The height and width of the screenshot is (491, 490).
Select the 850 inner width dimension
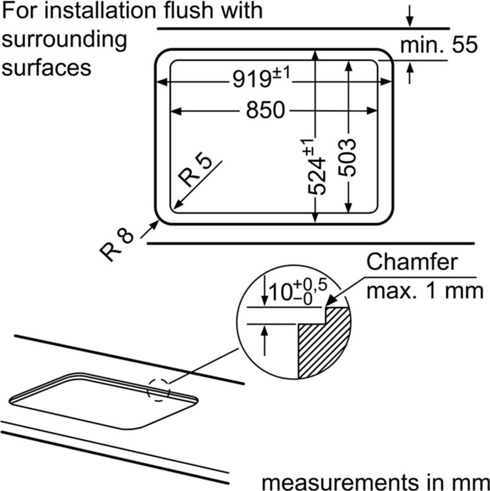click(265, 110)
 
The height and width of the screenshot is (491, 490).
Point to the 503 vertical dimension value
click(347, 157)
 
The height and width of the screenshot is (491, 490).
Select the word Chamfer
click(412, 262)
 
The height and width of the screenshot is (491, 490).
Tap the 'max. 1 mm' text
click(425, 291)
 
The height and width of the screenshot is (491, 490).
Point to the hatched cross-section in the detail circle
click(324, 343)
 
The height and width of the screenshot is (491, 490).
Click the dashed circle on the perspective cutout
click(159, 390)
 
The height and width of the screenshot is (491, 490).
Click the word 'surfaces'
click(47, 67)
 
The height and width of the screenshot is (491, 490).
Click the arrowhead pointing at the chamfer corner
click(331, 301)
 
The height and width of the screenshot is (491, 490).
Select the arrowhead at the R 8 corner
click(155, 225)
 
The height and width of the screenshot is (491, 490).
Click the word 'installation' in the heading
click(100, 11)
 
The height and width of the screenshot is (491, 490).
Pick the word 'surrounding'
click(64, 41)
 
